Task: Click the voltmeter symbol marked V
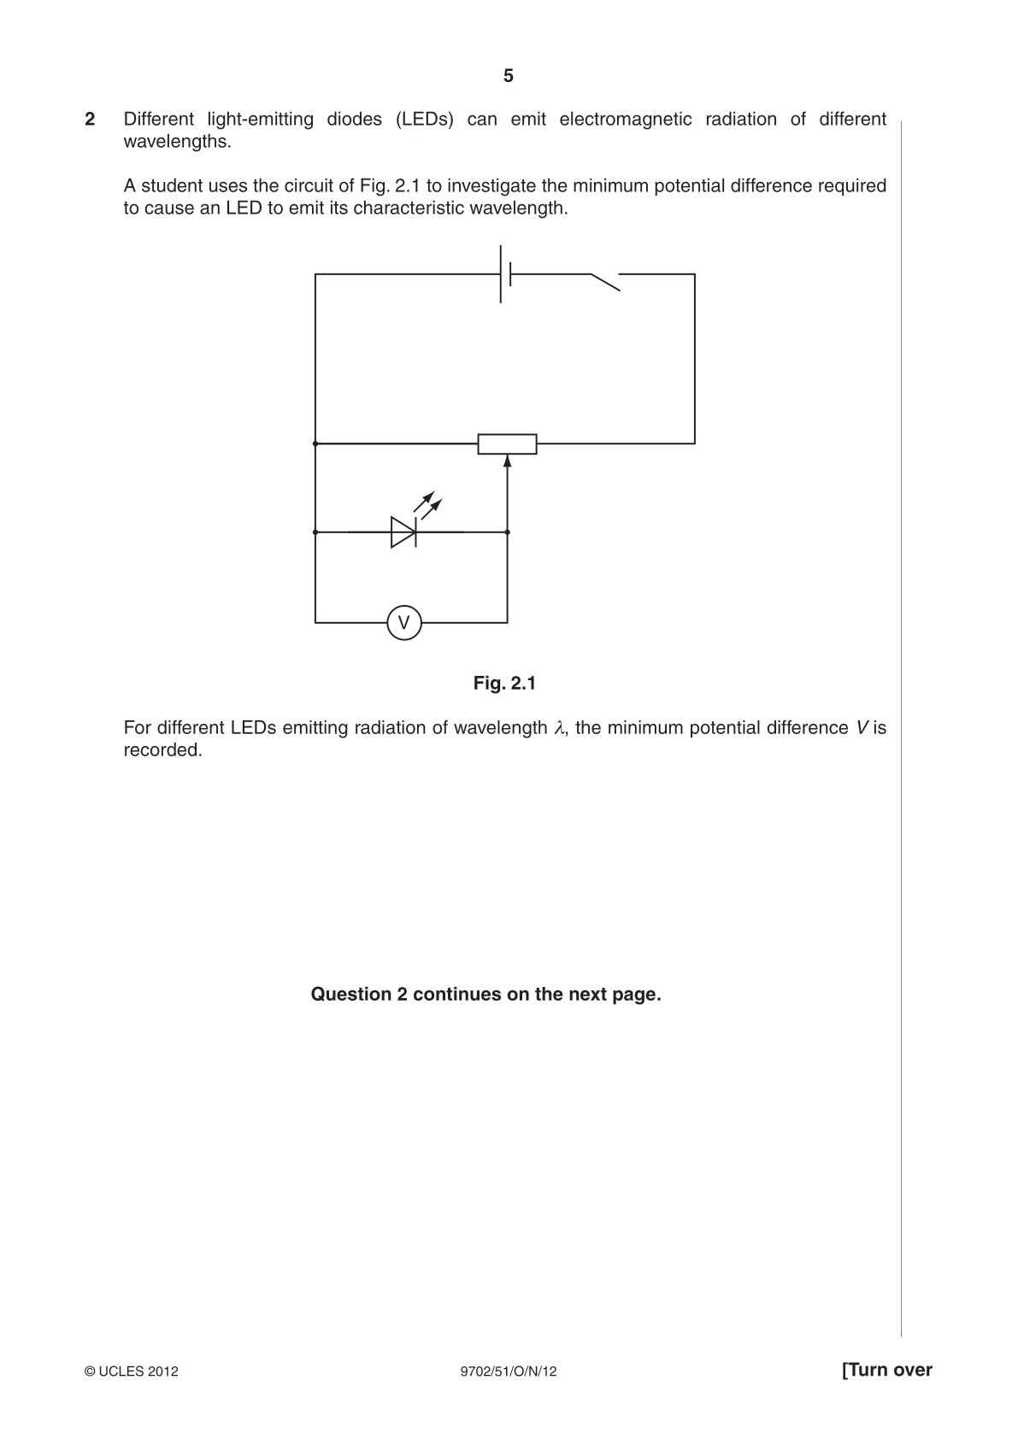point(404,622)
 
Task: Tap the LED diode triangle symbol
point(403,532)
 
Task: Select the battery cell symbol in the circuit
point(505,273)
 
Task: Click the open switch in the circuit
point(605,282)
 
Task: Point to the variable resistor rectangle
point(507,443)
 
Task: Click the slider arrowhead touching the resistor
point(507,461)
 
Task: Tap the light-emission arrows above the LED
point(428,505)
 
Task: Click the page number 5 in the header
point(509,76)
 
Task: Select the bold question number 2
point(90,119)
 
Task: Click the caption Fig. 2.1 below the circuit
point(504,683)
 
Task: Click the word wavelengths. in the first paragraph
point(178,142)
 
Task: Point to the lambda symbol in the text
point(559,728)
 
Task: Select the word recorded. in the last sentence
point(163,750)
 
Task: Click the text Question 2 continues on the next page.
point(485,995)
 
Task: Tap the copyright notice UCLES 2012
point(131,1371)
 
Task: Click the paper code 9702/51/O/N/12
point(509,1371)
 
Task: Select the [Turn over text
point(887,1371)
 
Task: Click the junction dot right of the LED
point(507,532)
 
